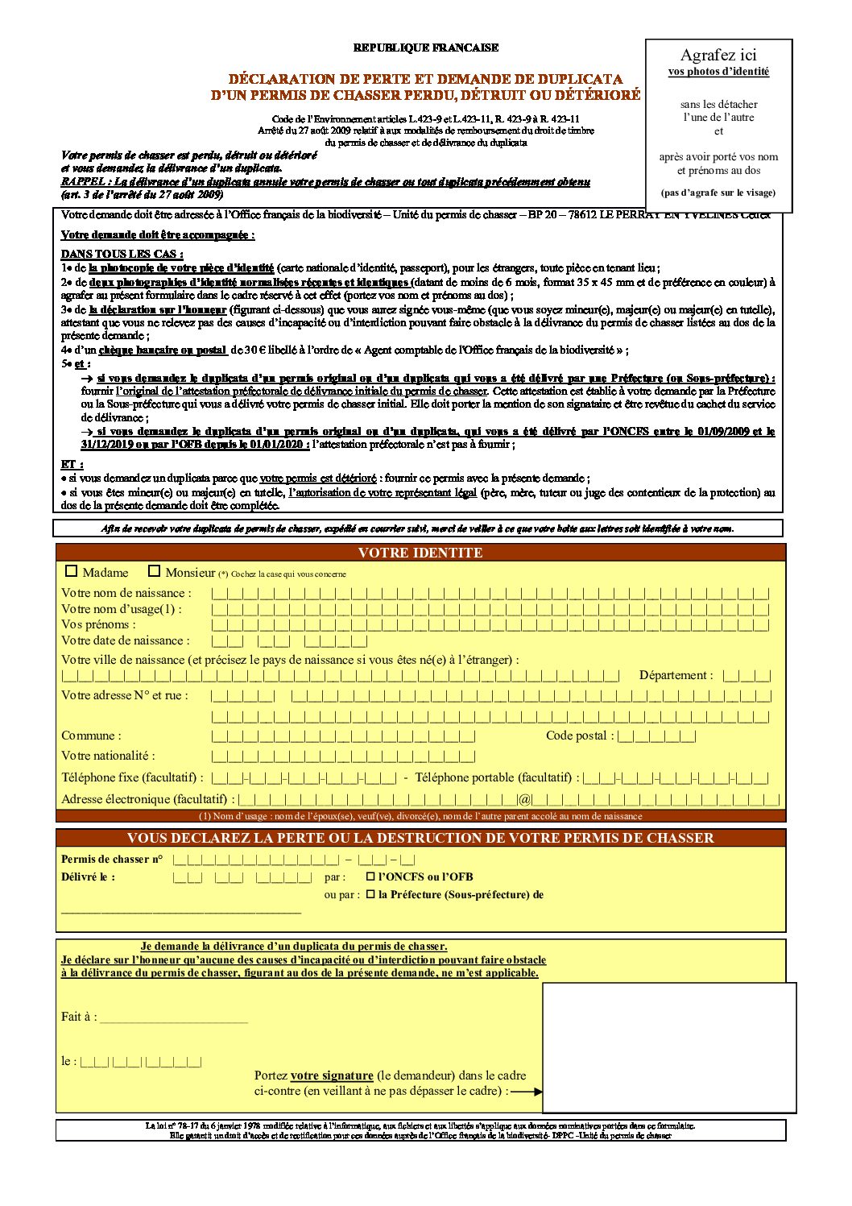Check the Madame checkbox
(x=72, y=571)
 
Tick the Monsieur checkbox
(x=155, y=571)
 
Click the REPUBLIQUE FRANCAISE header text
(x=425, y=48)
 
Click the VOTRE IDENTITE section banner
(x=420, y=553)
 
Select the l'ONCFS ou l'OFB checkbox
(x=370, y=877)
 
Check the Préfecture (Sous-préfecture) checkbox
(x=370, y=894)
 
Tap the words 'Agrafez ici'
(x=718, y=55)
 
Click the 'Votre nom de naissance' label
(x=126, y=593)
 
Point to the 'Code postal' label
(x=579, y=736)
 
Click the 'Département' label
(x=676, y=675)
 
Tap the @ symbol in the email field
(x=524, y=800)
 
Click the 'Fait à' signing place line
(x=173, y=1017)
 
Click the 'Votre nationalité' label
(x=108, y=756)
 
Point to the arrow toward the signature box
(x=527, y=1092)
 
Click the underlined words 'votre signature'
(x=332, y=1075)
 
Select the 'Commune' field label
(x=91, y=736)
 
